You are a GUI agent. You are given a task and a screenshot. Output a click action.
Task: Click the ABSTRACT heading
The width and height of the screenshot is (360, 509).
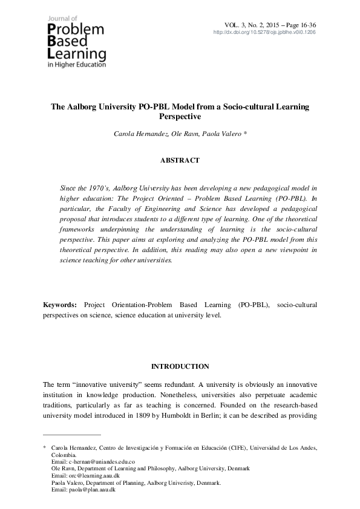coord(180,160)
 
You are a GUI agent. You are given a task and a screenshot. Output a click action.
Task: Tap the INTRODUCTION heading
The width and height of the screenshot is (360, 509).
coord(180,366)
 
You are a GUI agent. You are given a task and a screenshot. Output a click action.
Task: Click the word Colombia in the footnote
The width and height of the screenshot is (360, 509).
coord(64,455)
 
